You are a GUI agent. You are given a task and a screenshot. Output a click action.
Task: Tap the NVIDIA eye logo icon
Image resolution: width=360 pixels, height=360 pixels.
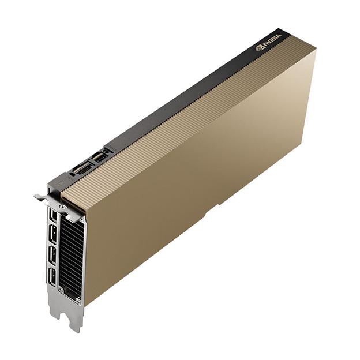pos(260,48)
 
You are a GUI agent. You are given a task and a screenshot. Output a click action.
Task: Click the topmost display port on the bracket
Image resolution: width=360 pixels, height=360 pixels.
pos(53,216)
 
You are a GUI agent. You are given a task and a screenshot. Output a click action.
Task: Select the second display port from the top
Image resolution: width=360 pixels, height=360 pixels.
pos(53,234)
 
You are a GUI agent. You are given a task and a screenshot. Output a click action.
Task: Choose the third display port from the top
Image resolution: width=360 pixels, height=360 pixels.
pos(52,255)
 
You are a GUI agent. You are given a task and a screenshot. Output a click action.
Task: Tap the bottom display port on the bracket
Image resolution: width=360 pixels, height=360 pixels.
pos(52,276)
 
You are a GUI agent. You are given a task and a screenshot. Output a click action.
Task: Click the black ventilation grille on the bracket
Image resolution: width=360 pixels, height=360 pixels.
pos(70,254)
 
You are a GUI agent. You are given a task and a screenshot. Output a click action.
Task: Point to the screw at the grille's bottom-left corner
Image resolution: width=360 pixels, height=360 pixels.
pos(61,290)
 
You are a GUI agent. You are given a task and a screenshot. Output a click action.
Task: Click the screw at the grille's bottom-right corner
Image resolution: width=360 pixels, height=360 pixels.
pos(78,301)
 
